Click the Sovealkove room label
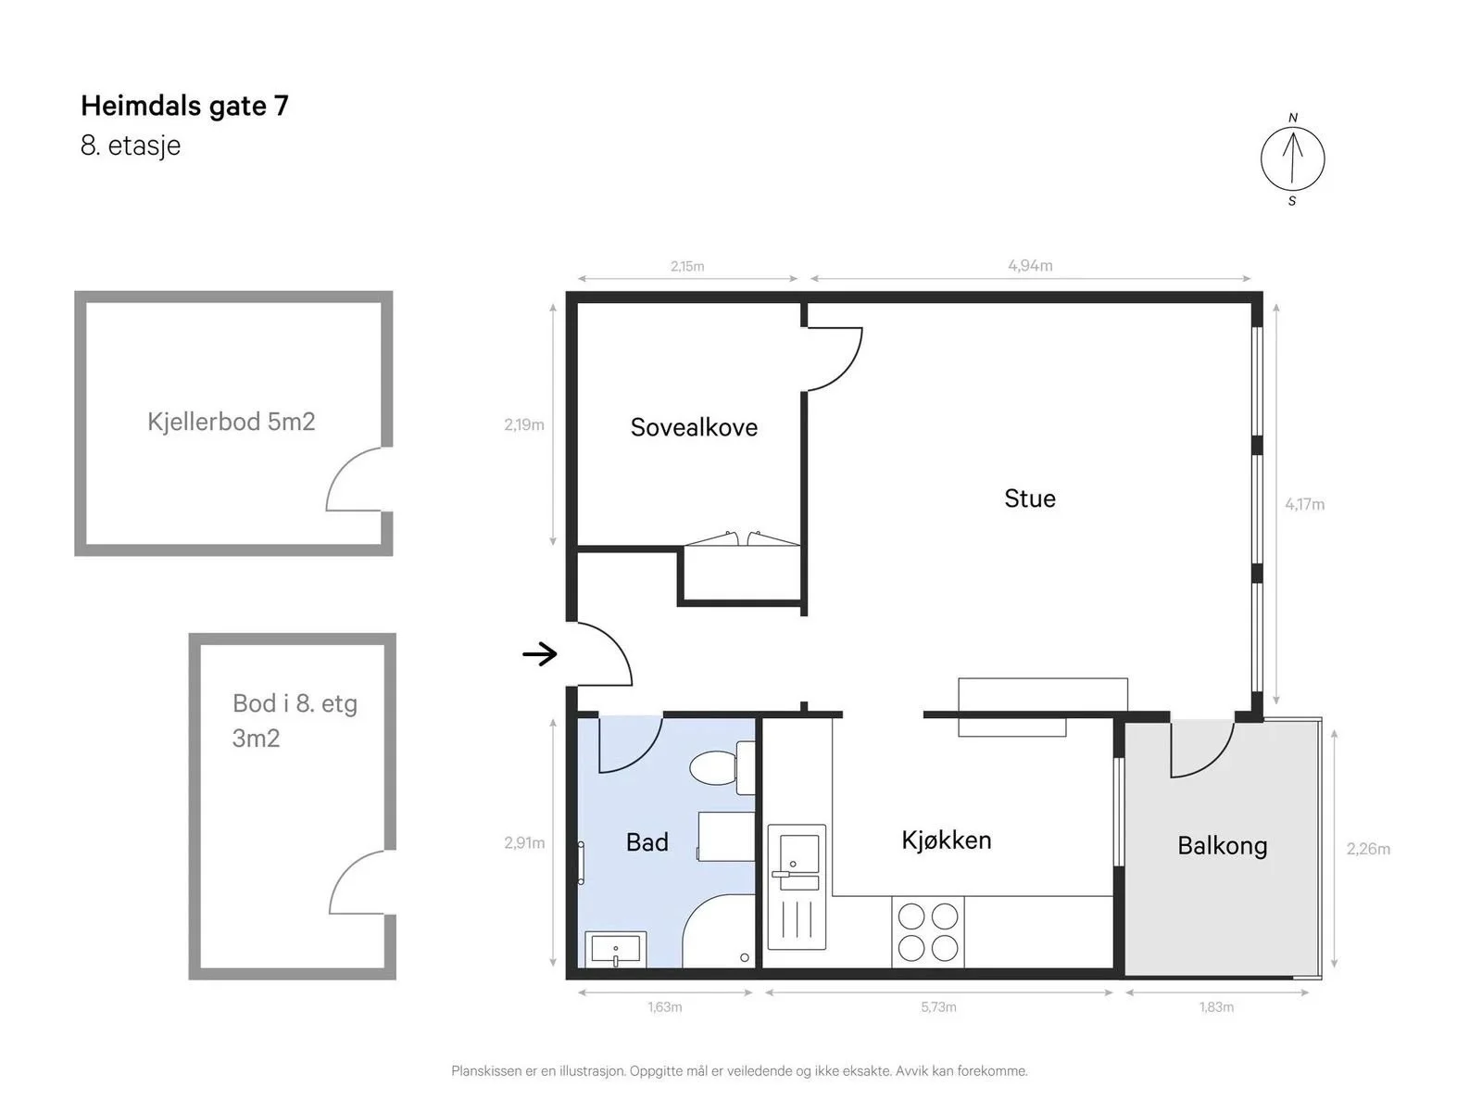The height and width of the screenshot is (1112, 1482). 694,427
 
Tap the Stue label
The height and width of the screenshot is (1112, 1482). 1029,499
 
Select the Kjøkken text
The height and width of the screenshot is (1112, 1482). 946,840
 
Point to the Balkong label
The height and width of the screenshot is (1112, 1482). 1222,846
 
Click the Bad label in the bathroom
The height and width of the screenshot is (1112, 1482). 647,842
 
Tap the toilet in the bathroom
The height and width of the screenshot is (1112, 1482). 721,767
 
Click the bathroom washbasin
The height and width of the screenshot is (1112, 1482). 615,949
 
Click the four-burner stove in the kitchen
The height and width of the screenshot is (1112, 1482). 928,932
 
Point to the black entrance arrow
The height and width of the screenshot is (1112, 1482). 539,653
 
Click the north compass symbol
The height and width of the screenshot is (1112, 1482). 1291,159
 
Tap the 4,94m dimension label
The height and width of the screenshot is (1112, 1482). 1030,266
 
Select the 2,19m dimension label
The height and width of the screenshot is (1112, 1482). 524,424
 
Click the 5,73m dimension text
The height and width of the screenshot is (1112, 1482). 937,1007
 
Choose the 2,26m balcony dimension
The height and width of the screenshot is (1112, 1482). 1368,849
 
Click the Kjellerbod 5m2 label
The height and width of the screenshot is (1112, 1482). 231,422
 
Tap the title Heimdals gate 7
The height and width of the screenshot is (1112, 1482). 184,106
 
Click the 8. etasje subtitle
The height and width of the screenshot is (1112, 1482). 131,145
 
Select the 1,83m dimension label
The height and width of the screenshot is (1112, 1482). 1216,1007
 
